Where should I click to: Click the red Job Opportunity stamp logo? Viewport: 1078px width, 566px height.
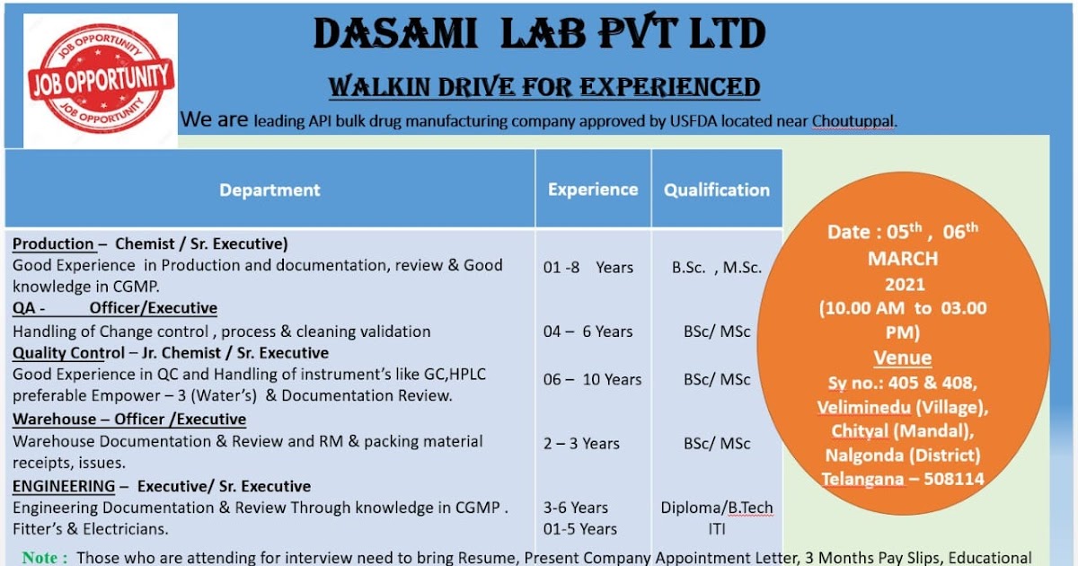coord(100,80)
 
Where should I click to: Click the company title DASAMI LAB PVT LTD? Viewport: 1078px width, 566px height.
coord(539,35)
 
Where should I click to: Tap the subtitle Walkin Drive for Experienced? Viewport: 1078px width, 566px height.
coord(543,87)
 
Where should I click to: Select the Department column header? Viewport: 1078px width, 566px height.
coord(269,190)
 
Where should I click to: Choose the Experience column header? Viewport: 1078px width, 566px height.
coord(593,190)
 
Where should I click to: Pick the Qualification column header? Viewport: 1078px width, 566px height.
coord(716,190)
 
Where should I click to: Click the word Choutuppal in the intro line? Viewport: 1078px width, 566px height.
coord(853,121)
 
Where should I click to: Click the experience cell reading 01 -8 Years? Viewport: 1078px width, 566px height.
coord(588,268)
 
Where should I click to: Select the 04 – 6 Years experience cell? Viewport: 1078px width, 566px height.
coord(588,332)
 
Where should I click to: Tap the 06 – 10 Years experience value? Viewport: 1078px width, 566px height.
coord(592,379)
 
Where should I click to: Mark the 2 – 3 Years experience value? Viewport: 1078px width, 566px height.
coord(581,443)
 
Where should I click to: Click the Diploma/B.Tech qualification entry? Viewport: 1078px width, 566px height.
coord(716,508)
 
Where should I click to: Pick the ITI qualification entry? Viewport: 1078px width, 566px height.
coord(716,529)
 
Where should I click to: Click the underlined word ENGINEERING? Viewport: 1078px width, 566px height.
coord(64,486)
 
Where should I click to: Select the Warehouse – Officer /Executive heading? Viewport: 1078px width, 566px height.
coord(129,420)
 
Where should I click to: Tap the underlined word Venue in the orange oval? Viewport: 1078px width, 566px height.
coord(902,358)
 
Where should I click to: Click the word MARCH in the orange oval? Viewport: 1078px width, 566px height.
coord(902,259)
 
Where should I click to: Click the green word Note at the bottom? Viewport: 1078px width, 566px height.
coord(43,558)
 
